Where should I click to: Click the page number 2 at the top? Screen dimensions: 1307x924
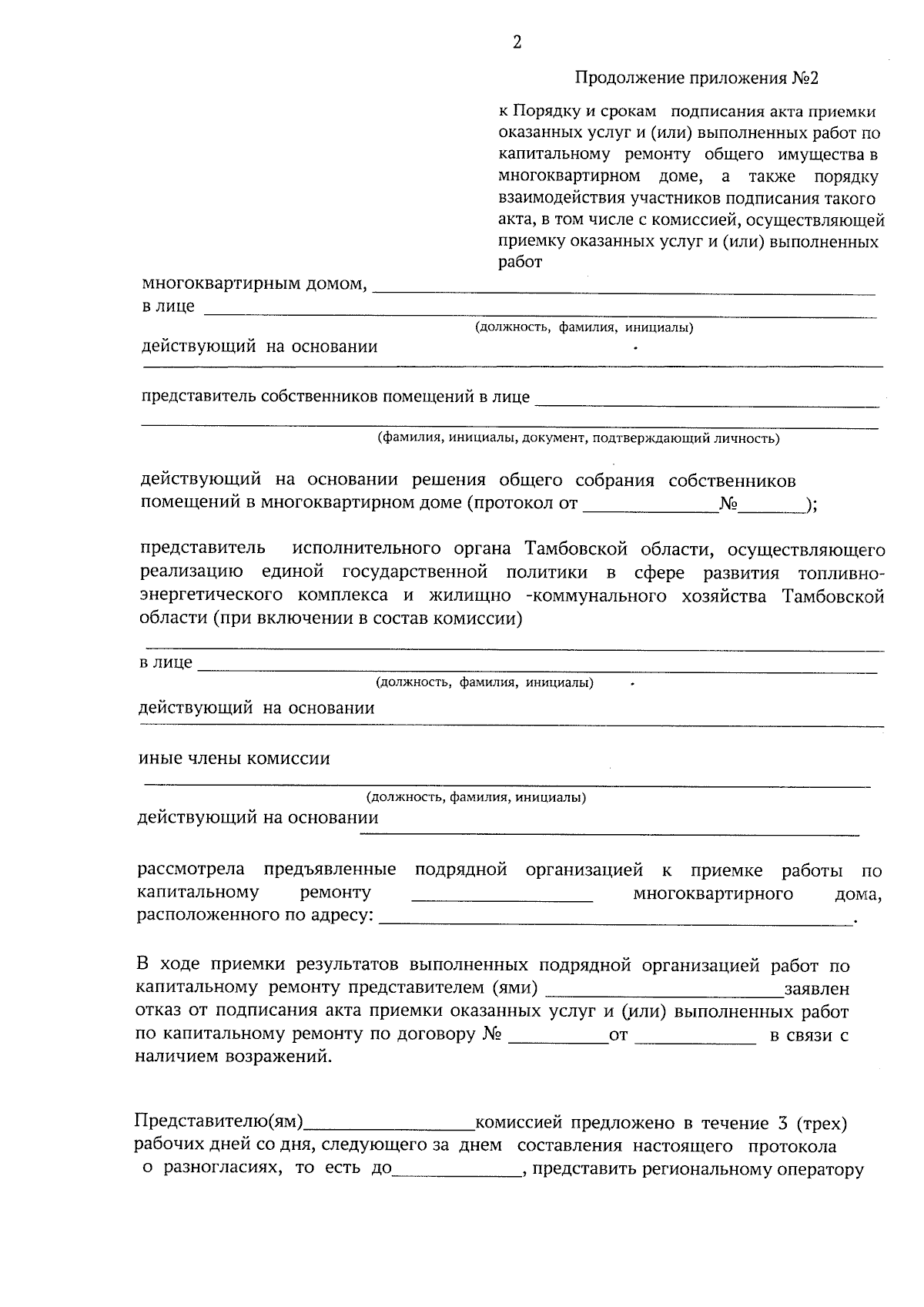click(517, 43)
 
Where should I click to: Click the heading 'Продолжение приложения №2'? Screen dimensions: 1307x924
click(696, 79)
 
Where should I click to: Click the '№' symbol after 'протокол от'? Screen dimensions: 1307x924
click(728, 505)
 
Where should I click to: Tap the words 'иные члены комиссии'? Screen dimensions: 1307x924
click(234, 759)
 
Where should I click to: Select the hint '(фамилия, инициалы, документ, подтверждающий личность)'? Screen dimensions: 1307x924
click(577, 439)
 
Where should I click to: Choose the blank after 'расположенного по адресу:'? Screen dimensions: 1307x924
click(616, 920)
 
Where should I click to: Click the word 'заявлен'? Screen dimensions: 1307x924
click(816, 989)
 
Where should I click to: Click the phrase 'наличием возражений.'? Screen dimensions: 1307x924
click(234, 1057)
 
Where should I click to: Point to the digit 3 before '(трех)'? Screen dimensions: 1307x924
click(782, 1124)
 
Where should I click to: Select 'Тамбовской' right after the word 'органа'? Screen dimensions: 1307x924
click(570, 549)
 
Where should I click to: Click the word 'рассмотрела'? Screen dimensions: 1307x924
click(190, 870)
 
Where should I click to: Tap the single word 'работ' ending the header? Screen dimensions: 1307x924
click(521, 263)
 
